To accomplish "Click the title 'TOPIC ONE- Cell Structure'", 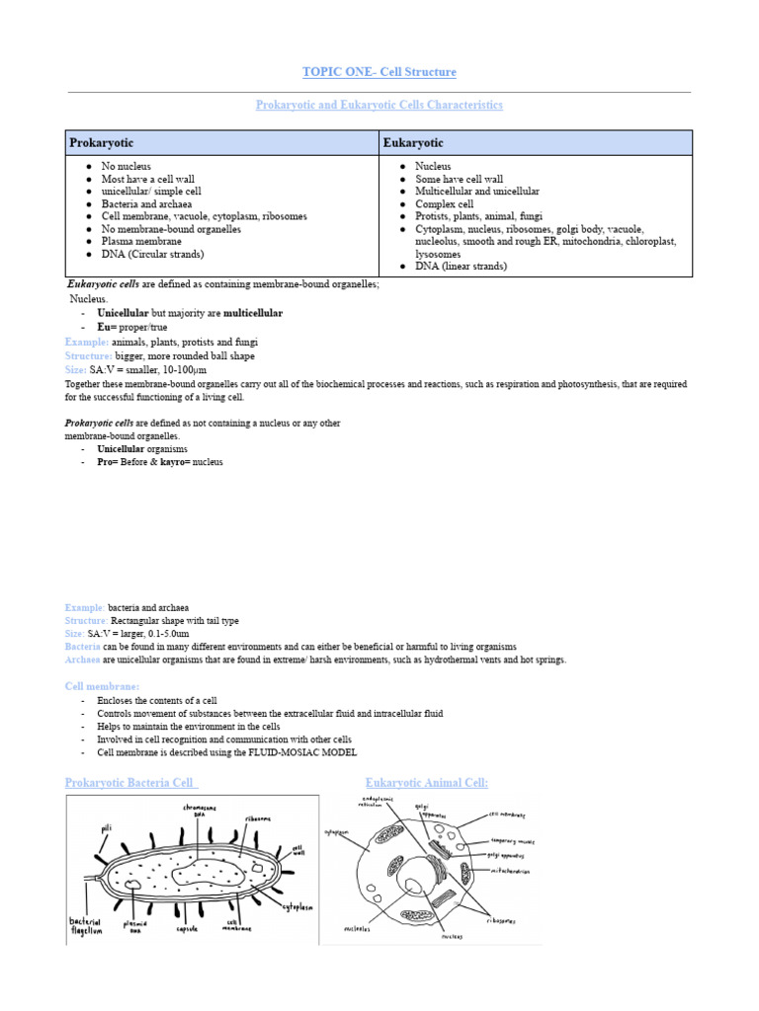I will (379, 72).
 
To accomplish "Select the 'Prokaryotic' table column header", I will (101, 143).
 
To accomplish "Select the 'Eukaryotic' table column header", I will (413, 143).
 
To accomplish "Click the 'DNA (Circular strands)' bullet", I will (152, 254).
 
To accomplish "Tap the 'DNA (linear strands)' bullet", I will (461, 267).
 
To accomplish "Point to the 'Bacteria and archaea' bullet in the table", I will (148, 204).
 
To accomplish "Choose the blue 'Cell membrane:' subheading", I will (103, 686).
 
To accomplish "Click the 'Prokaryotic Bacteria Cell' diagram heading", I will (131, 783).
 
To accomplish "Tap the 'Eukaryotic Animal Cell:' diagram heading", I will (427, 783).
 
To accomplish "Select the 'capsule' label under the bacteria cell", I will (188, 929).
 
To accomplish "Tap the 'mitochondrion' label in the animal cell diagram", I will (510, 872).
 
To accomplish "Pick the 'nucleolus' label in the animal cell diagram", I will (357, 929).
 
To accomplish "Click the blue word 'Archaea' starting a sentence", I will (80, 660).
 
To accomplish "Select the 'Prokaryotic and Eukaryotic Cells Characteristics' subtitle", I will (379, 105).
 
